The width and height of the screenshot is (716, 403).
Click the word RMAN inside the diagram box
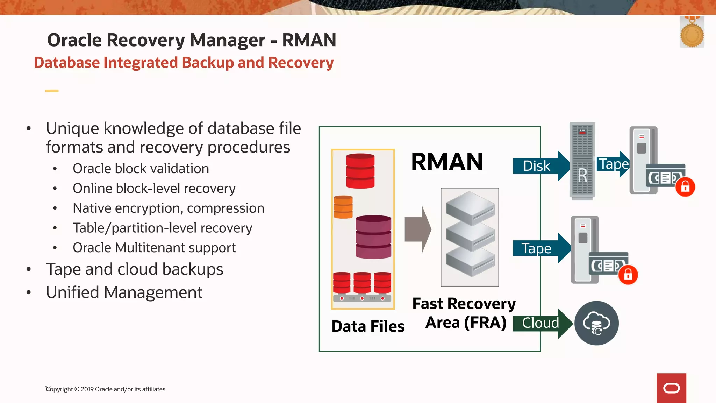pos(447,162)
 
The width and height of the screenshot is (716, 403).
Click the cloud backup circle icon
pos(596,323)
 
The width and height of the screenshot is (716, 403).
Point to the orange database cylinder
pos(343,207)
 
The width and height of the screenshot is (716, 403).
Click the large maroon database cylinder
pos(373,237)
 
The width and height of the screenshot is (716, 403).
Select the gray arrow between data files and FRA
pos(417,229)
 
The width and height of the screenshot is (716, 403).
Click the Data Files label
pos(368,326)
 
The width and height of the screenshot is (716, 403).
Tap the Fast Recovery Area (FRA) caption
pos(464,313)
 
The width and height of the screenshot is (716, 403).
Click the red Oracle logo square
pos(671,388)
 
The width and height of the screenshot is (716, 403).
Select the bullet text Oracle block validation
pos(141,169)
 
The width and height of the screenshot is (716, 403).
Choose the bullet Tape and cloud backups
pos(135,269)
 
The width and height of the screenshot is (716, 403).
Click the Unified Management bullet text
pos(124,292)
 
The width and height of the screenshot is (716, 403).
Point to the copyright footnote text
pos(107,389)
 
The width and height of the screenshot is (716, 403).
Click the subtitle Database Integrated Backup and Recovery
pos(184,63)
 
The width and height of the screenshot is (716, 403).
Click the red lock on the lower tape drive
pos(628,275)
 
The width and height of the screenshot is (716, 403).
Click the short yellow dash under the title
pos(52,91)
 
